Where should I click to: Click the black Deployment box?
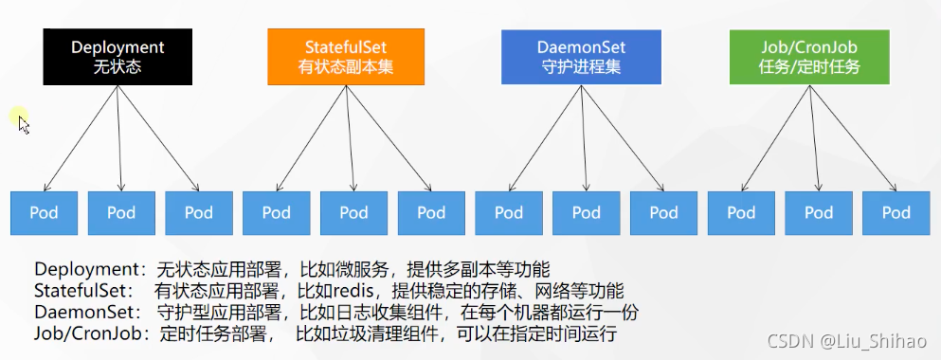coord(118,56)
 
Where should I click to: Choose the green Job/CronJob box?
coord(809,56)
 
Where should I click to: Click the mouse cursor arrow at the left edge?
coord(24,124)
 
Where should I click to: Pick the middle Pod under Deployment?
coord(121,212)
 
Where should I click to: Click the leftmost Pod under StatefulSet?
coord(277,212)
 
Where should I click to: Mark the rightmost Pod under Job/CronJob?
coord(896,212)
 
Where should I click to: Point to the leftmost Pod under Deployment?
coord(44,212)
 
